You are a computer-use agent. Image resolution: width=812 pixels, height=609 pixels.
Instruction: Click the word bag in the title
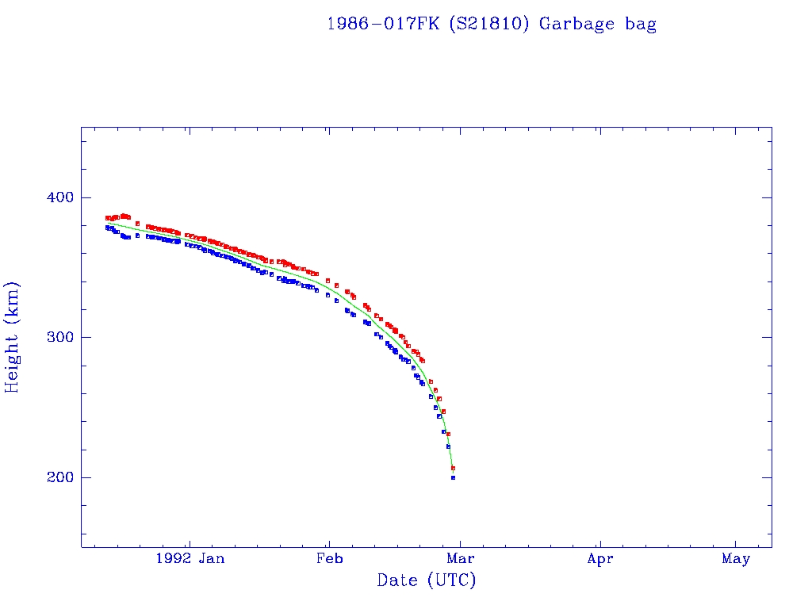[x=640, y=24]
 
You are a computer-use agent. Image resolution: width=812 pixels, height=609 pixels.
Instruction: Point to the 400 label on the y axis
[x=53, y=197]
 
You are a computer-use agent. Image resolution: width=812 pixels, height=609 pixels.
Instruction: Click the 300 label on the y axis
[x=53, y=337]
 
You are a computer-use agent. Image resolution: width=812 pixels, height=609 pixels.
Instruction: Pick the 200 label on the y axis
[x=53, y=477]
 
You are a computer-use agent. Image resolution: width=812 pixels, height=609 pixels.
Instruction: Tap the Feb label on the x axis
[x=328, y=558]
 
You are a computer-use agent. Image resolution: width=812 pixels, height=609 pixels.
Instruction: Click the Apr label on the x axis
[x=600, y=558]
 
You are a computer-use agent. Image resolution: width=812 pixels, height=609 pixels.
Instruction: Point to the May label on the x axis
[x=736, y=558]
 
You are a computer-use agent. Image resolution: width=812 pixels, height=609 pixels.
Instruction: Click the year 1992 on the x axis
[x=173, y=558]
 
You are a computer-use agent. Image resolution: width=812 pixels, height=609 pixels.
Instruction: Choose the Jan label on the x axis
[x=211, y=558]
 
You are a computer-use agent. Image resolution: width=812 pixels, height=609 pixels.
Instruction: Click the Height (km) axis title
[x=13, y=337]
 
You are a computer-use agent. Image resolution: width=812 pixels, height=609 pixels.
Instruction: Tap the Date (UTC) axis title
[x=427, y=580]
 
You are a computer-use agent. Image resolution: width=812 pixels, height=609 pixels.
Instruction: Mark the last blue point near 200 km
[x=453, y=477]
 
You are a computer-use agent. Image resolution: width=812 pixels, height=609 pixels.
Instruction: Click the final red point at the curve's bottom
[x=453, y=468]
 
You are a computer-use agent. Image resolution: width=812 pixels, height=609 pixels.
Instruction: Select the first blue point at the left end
[x=108, y=228]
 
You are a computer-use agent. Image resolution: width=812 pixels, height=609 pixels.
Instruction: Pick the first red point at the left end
[x=108, y=218]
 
